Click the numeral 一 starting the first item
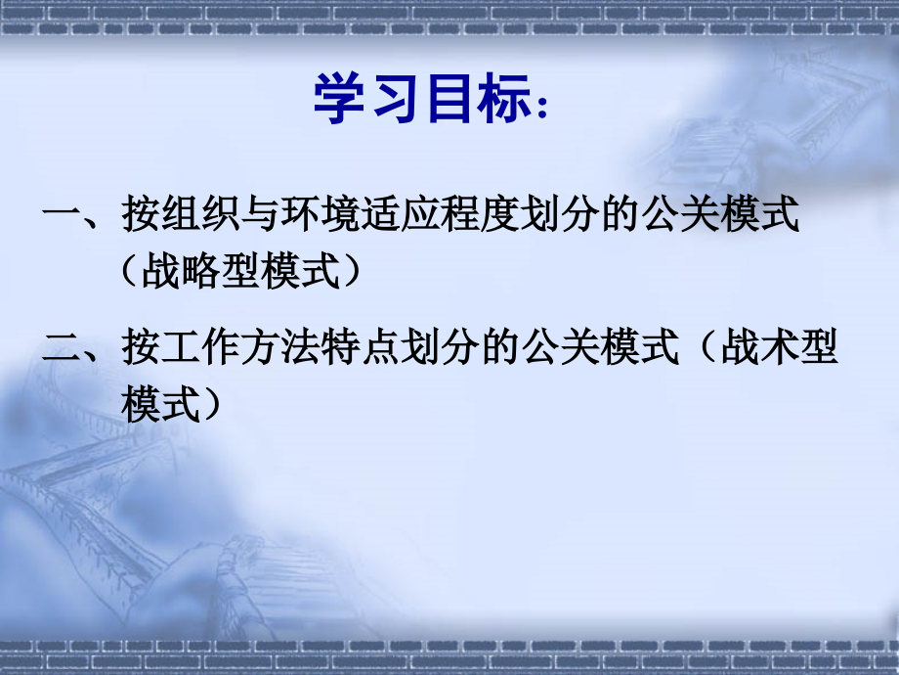(x=62, y=216)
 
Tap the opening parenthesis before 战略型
(x=133, y=270)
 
